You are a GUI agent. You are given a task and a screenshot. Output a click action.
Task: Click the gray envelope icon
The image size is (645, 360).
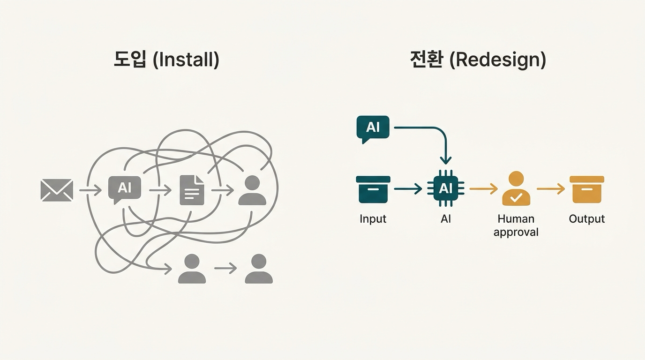point(57,190)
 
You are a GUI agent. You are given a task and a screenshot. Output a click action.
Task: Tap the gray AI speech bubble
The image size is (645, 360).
point(124,188)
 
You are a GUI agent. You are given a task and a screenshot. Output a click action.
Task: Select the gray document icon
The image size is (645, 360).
point(192,190)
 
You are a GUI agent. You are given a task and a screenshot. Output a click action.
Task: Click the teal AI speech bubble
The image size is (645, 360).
point(373,128)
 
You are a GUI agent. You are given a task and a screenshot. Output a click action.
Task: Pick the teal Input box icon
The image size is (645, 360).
point(373,189)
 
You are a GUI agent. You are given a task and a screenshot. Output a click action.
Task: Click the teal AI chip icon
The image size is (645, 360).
point(445,189)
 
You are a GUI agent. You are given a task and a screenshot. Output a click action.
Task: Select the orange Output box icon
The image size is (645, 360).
point(586,189)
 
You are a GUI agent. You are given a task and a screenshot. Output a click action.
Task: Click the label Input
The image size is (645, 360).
point(373,219)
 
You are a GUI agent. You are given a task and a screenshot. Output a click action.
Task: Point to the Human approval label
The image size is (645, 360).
point(516,225)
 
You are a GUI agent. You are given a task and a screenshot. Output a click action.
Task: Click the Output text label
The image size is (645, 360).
point(586,219)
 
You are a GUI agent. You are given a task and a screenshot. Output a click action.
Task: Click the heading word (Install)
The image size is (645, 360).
point(186,60)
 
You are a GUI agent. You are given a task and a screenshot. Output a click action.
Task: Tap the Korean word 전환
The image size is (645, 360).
point(426,60)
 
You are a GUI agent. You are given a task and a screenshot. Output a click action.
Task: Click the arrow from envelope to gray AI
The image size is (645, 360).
point(90,190)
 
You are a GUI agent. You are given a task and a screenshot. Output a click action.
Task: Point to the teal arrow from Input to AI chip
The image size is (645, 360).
point(408,189)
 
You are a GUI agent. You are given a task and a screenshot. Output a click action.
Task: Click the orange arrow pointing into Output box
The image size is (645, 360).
point(551,189)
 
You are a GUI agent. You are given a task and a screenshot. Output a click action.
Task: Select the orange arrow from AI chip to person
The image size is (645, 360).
point(483,189)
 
